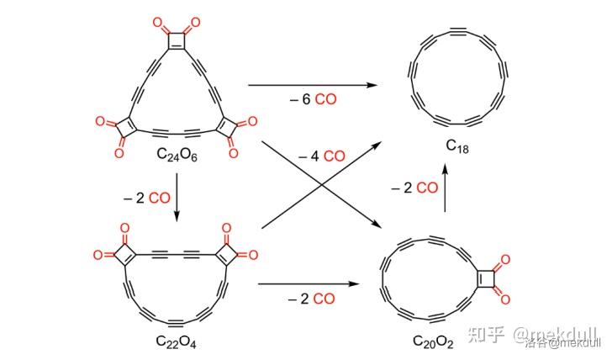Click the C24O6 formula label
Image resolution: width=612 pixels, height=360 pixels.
tap(177, 154)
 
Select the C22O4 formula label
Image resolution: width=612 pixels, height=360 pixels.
tap(176, 341)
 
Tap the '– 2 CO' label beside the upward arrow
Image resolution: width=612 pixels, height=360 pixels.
tap(414, 187)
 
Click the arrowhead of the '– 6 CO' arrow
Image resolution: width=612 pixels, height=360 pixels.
tap(370, 84)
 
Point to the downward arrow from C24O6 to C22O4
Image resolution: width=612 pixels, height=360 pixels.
tap(177, 198)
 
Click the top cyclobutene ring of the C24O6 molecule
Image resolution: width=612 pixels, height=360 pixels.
tap(177, 40)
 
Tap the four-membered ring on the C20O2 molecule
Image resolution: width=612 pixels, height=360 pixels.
tap(485, 276)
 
